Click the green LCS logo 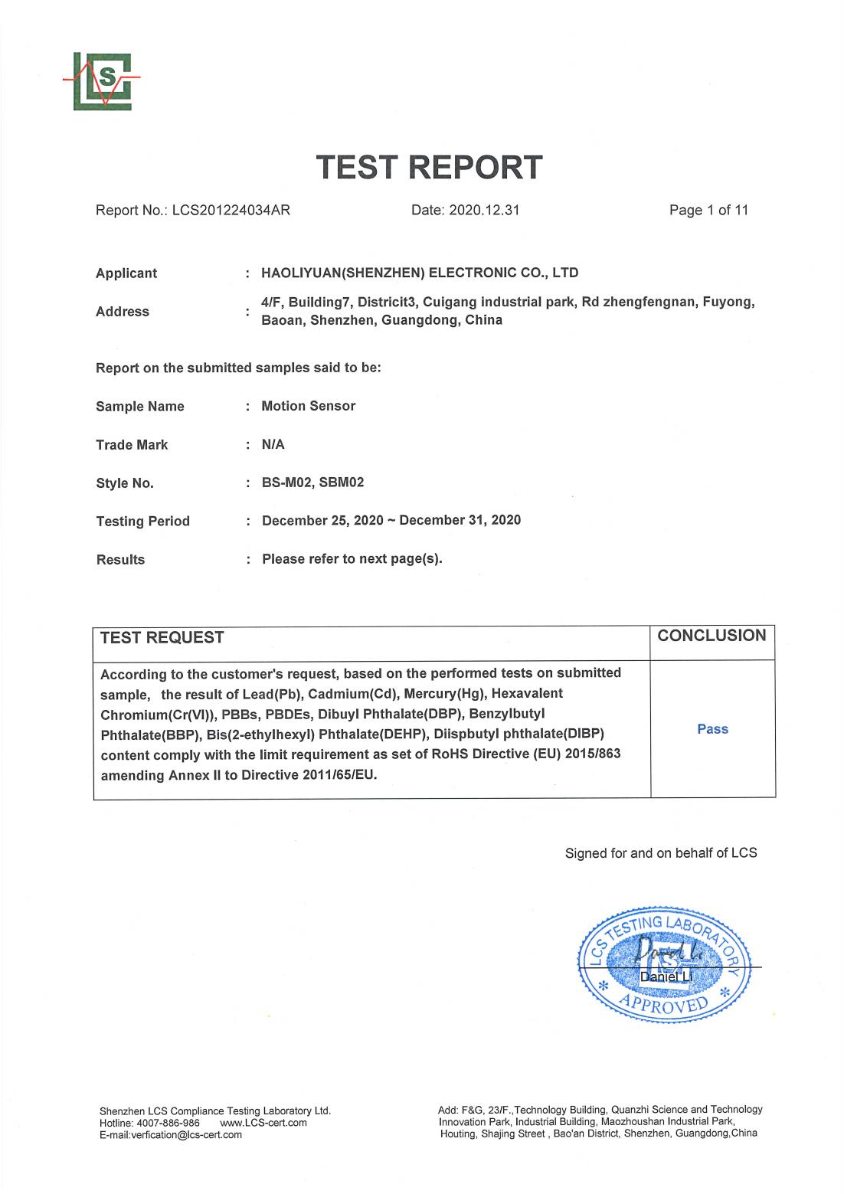[x=103, y=80]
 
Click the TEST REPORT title [x=429, y=168]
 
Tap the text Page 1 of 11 [x=708, y=210]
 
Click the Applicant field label [x=126, y=273]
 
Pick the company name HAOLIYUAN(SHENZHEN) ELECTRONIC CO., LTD [x=420, y=273]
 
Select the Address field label [x=123, y=312]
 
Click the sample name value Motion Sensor [x=309, y=406]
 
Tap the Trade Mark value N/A [x=273, y=444]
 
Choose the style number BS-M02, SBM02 [x=312, y=483]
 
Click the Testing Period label [x=142, y=522]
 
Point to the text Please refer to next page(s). [x=352, y=559]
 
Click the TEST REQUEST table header [x=162, y=638]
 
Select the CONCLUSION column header [x=712, y=636]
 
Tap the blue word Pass [x=712, y=729]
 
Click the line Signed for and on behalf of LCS [x=660, y=853]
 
